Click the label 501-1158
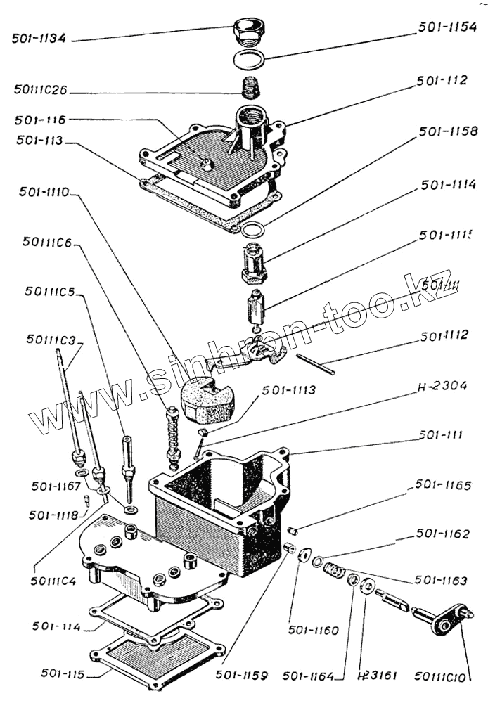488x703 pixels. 447,131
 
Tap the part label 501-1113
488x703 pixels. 289,389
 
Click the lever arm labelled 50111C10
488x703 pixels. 443,621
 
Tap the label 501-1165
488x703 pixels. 443,486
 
